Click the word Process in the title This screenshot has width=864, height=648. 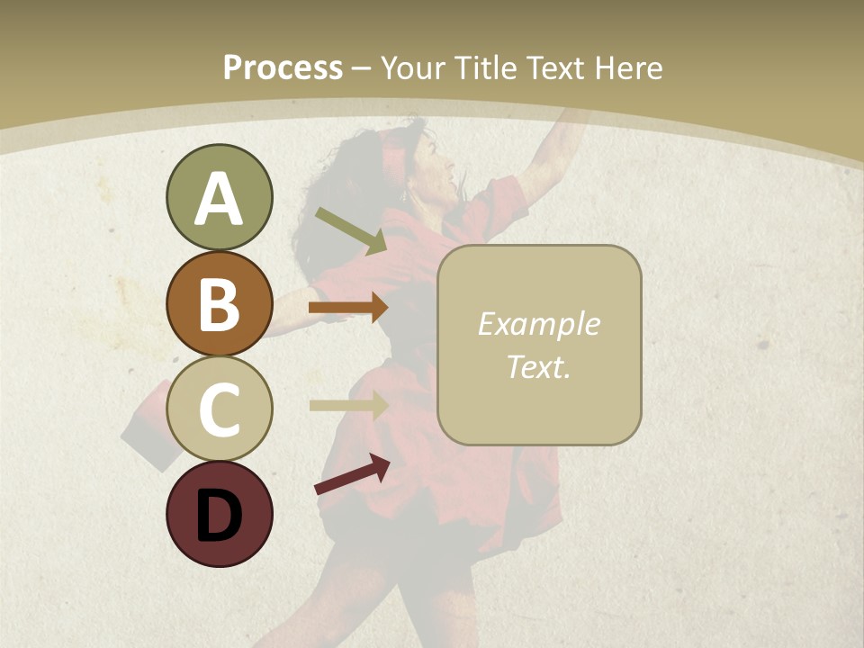click(x=283, y=67)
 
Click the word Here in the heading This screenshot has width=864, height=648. click(x=630, y=67)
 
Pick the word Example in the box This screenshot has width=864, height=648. click(x=538, y=324)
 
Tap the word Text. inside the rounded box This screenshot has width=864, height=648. click(x=538, y=366)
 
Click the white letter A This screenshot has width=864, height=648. click(x=219, y=200)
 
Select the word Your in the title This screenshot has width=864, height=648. click(x=414, y=67)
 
